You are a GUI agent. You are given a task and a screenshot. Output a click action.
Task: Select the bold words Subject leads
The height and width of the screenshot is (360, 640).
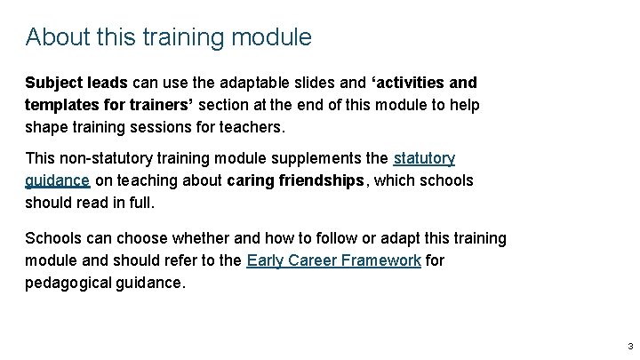point(77,83)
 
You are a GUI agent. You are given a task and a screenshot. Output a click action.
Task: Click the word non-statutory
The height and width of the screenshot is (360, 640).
point(108,158)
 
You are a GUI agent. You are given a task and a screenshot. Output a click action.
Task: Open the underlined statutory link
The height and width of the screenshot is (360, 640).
point(424,158)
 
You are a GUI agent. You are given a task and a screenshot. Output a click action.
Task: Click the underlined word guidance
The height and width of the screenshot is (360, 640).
point(57,180)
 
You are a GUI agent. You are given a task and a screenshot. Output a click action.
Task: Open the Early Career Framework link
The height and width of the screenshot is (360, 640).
point(333,260)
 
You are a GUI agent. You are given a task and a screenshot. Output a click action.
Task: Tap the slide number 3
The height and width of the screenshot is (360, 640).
point(629,346)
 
